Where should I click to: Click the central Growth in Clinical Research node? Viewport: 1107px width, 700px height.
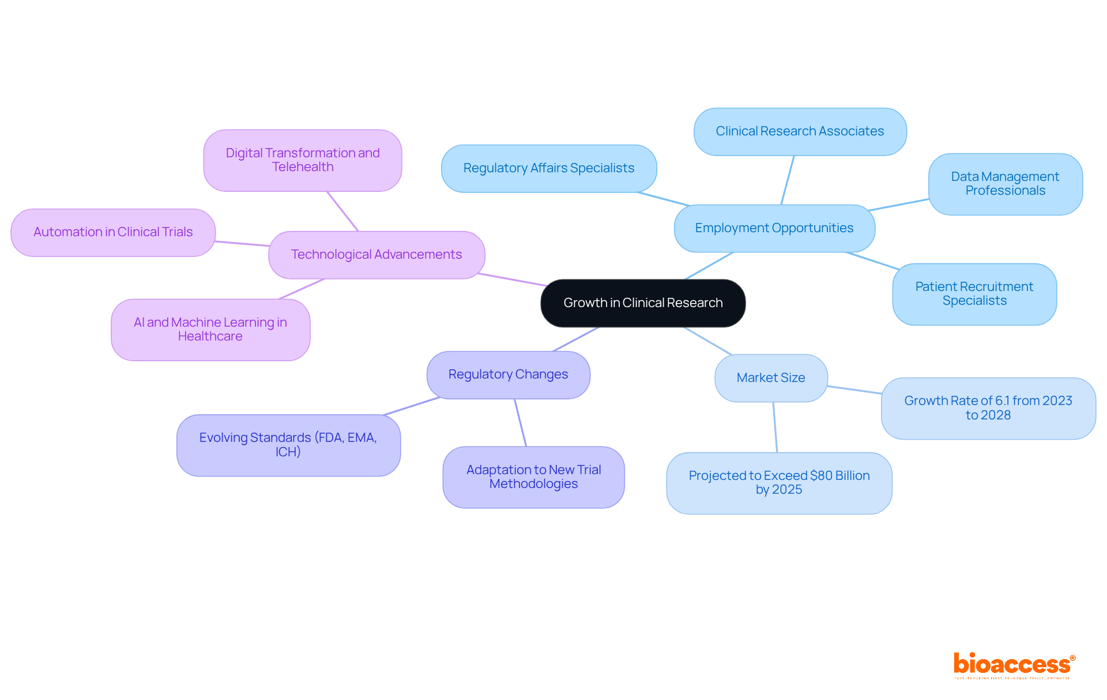(643, 303)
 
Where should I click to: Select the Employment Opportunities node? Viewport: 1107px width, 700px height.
(774, 228)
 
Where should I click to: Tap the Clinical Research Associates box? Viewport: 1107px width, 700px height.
(800, 131)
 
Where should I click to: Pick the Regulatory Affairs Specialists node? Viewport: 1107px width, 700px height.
(548, 168)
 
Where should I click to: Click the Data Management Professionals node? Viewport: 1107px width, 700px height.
(1005, 184)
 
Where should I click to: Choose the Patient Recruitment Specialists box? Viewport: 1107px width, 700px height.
(974, 294)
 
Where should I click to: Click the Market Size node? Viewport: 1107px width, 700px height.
(771, 378)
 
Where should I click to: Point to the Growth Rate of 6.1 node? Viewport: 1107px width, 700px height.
(988, 408)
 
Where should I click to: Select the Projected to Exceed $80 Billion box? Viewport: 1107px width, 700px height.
(779, 483)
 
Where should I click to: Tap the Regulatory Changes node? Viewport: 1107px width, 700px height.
(508, 374)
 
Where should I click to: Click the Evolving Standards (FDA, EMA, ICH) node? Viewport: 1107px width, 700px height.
(288, 445)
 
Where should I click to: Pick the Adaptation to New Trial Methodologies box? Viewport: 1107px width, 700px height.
(533, 477)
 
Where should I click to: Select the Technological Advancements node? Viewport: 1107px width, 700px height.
(376, 255)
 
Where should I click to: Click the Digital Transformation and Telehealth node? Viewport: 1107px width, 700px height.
(302, 160)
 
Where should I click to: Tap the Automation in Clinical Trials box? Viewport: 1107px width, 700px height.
(113, 232)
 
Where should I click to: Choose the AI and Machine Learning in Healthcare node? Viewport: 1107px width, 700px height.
(210, 330)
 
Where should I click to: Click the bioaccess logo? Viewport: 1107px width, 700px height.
(1012, 665)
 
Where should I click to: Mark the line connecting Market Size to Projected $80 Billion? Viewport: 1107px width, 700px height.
(775, 427)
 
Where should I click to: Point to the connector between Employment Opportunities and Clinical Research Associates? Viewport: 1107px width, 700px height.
(788, 180)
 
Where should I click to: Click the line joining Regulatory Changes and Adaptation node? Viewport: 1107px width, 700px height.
(521, 423)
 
